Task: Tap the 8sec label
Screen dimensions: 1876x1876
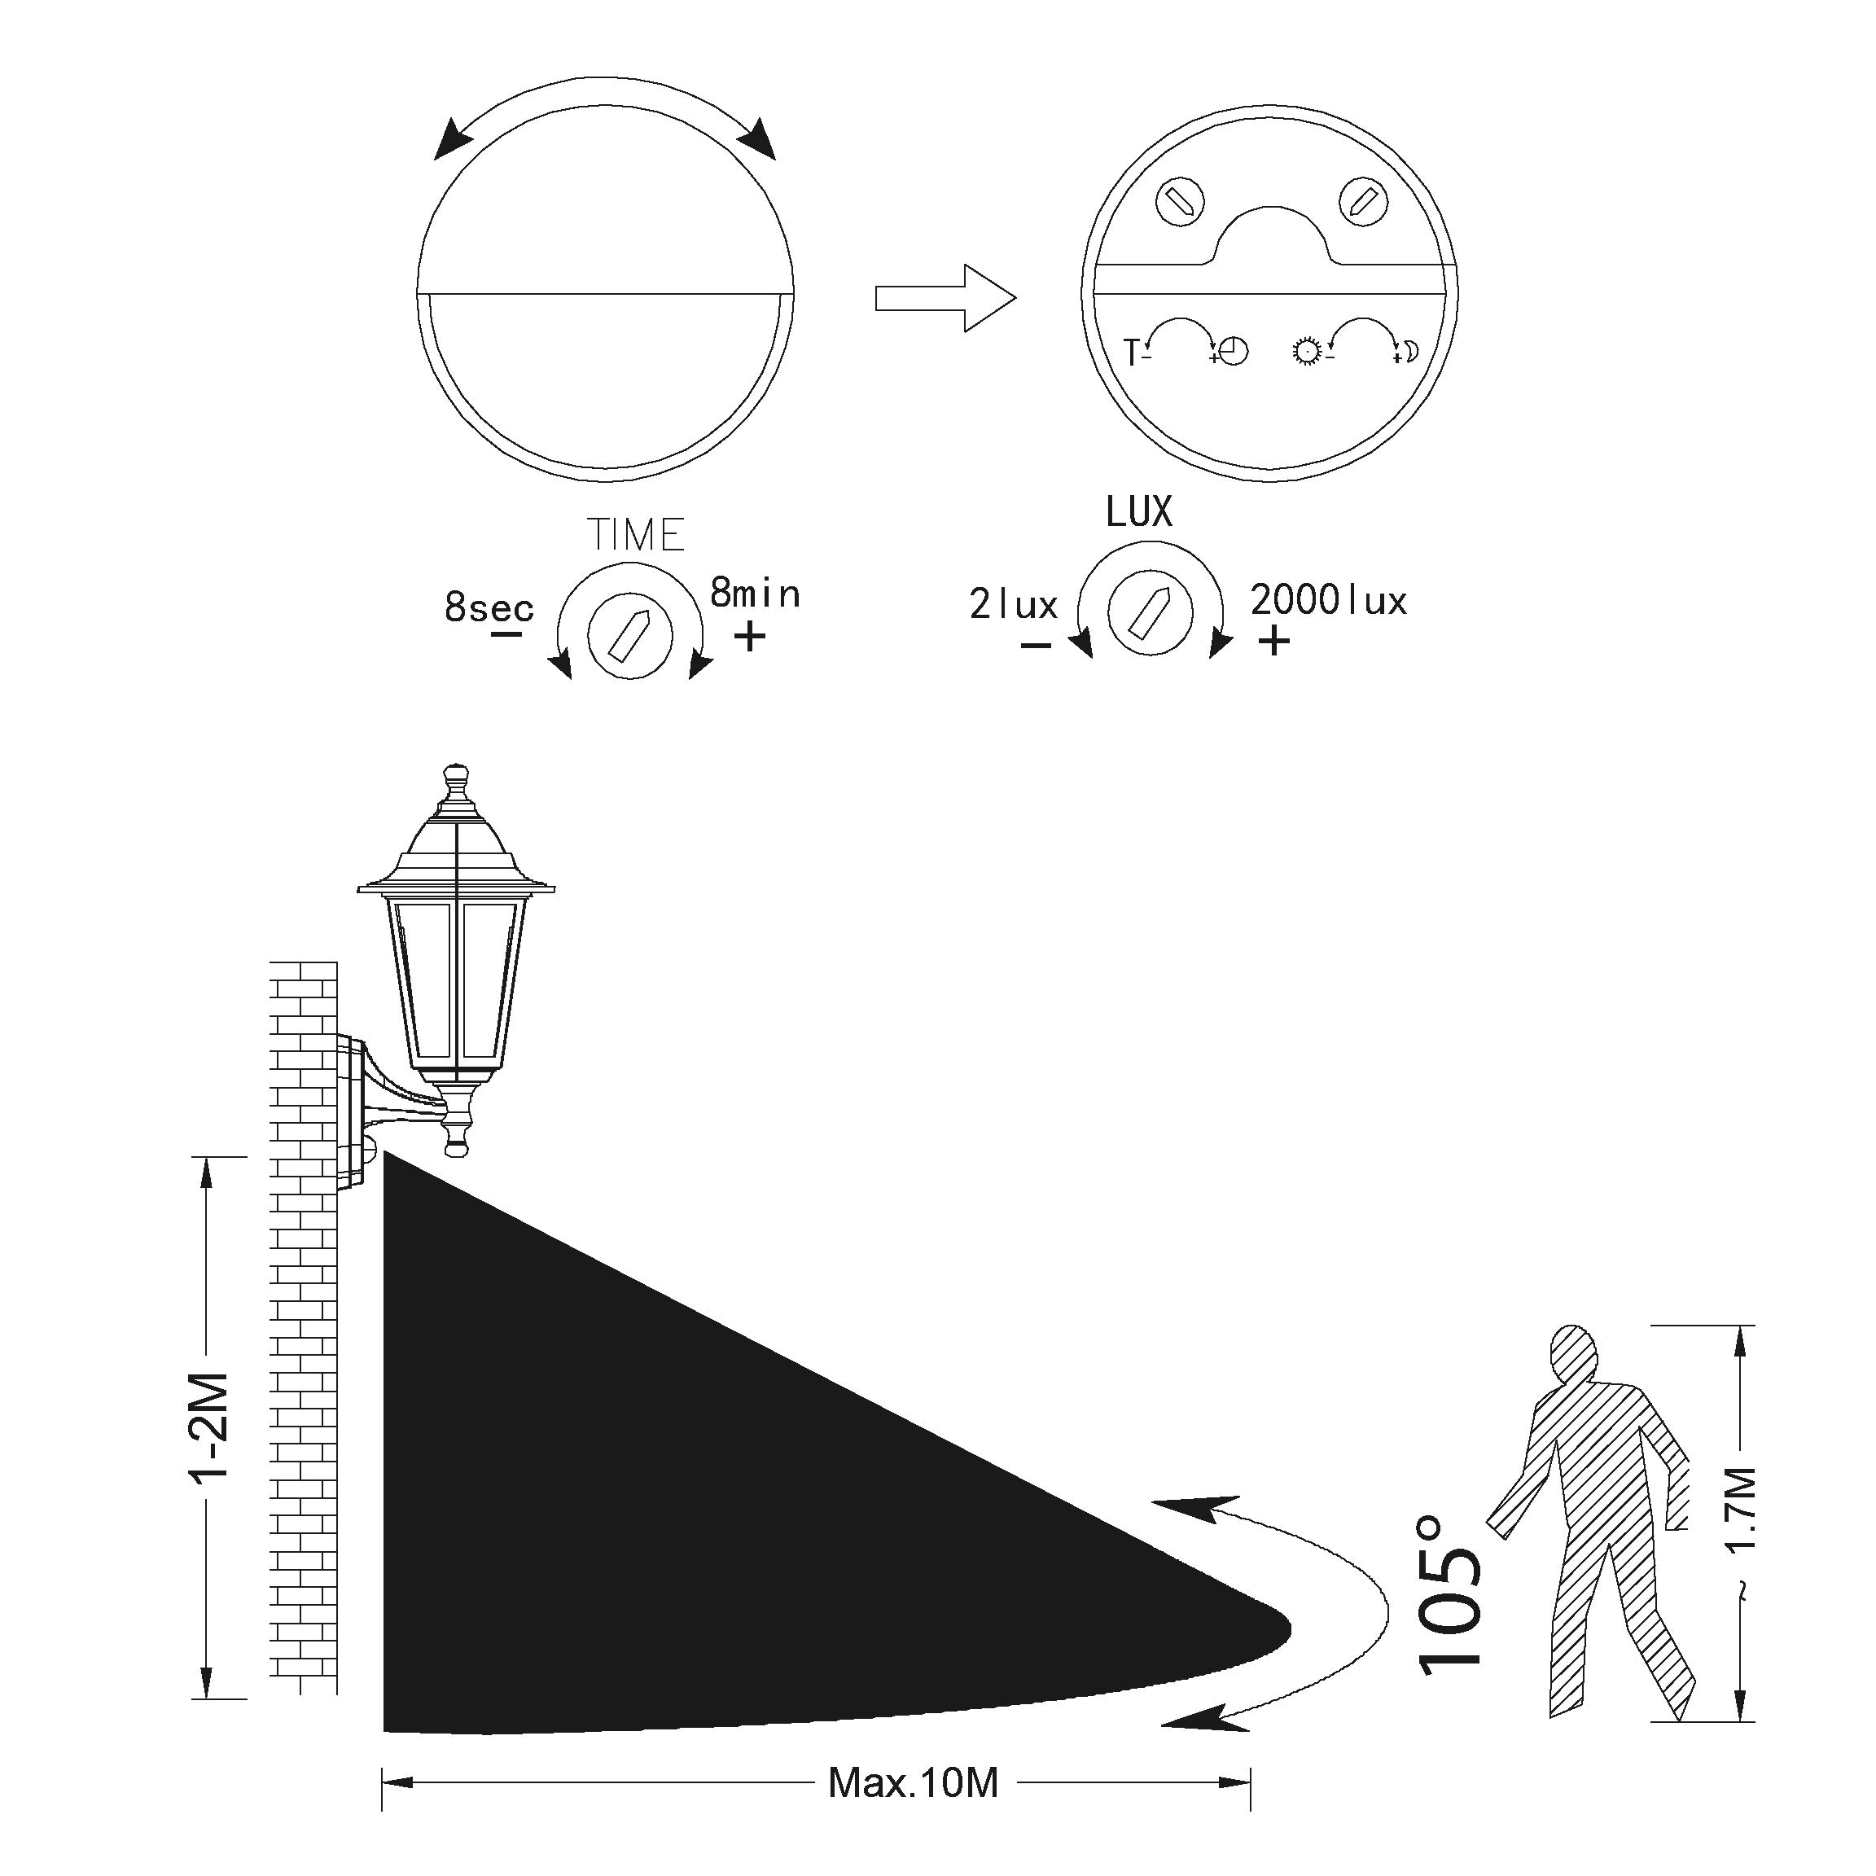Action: point(489,608)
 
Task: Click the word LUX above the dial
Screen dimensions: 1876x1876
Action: point(1139,511)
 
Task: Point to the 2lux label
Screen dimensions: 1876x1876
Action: point(1014,604)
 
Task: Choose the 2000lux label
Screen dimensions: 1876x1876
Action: point(1328,600)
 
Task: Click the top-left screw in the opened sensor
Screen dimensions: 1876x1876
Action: point(1181,202)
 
